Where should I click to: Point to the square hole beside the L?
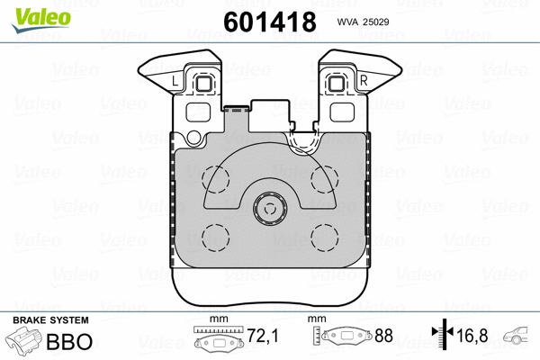pos(202,85)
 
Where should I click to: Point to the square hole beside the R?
pos(338,85)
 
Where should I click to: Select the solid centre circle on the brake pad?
pos(269,211)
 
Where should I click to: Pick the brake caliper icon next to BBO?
pos(28,344)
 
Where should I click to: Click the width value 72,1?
pos(263,337)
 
